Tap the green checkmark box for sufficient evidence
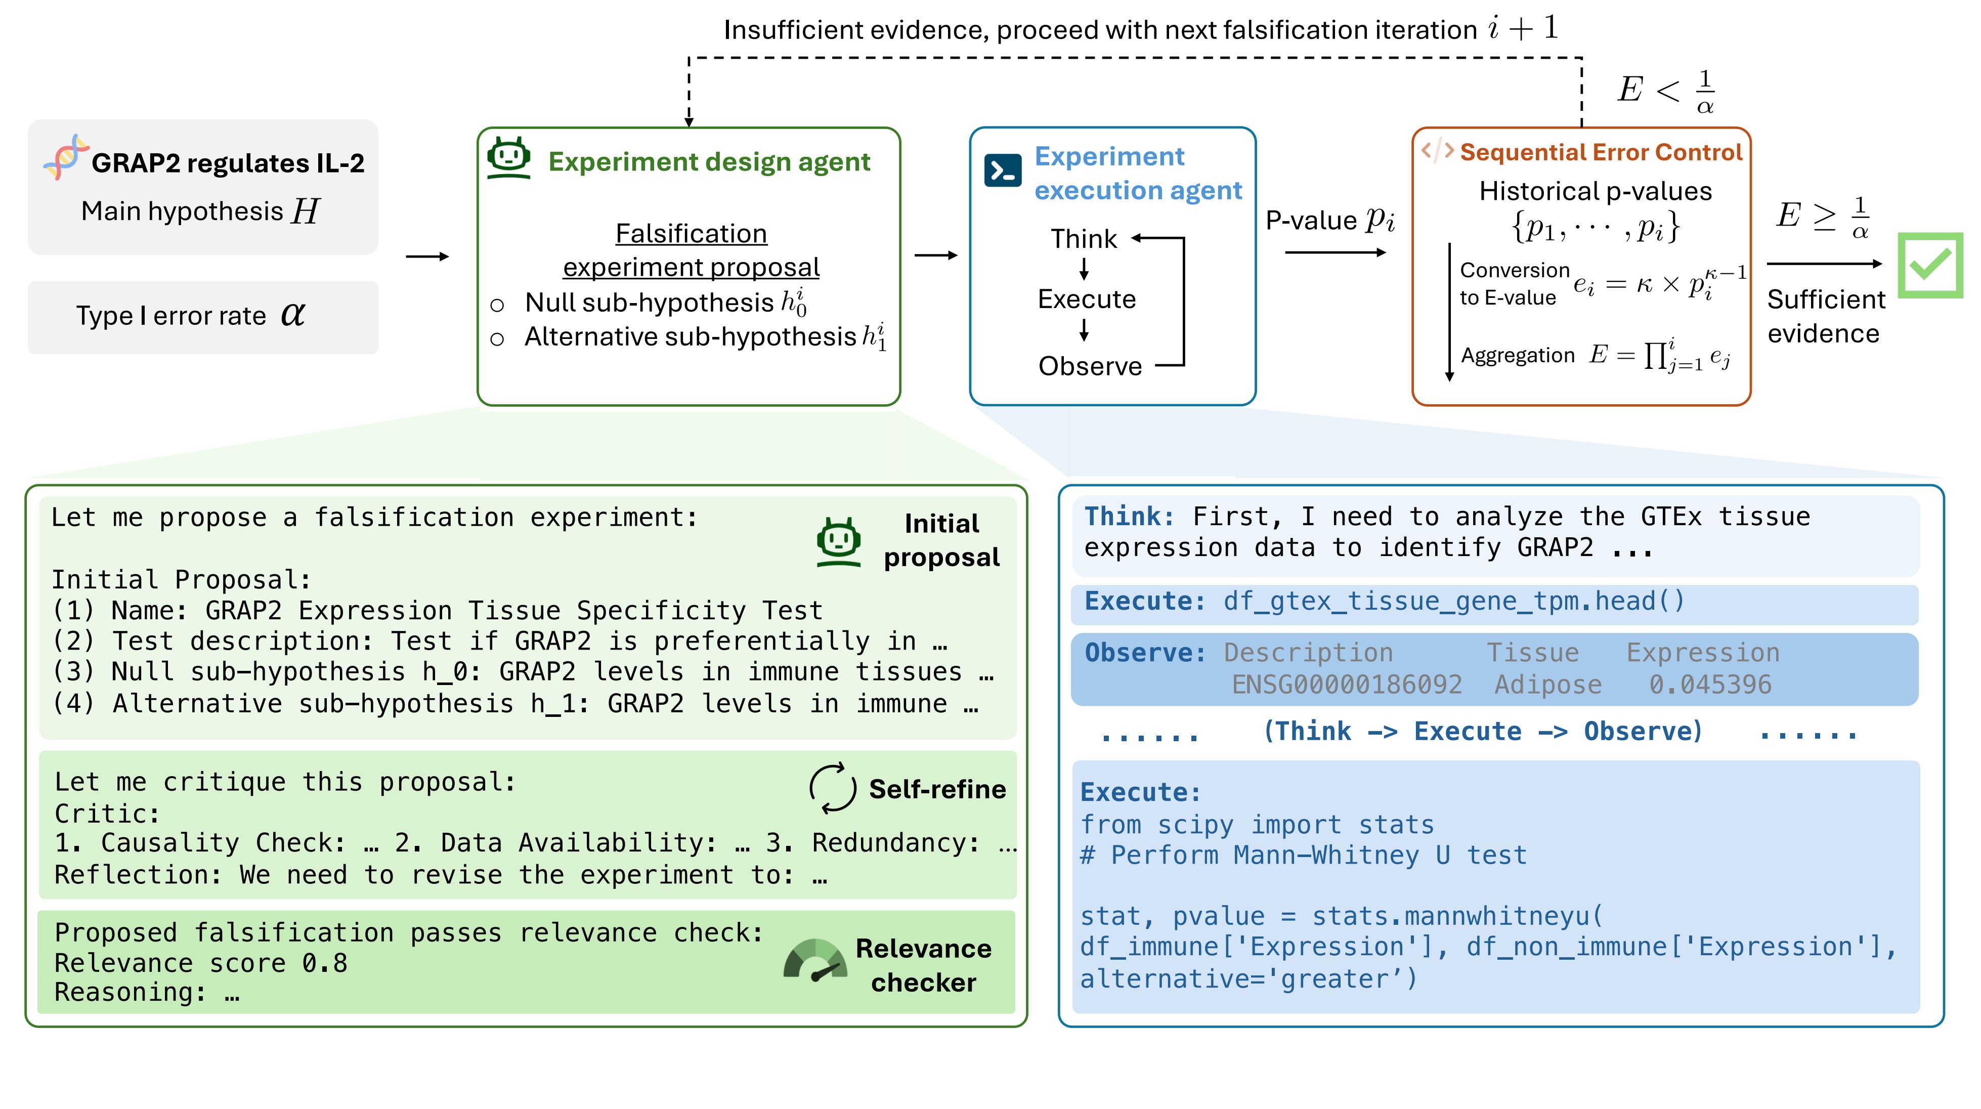[x=1929, y=265]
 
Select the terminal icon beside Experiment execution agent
[x=1003, y=170]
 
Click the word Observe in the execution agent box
[x=1090, y=366]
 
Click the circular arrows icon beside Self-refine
[x=832, y=788]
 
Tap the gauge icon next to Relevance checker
[x=815, y=961]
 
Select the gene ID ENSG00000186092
[x=1347, y=685]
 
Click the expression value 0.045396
[x=1709, y=685]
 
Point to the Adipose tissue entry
[x=1547, y=685]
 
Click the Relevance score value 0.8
[x=325, y=963]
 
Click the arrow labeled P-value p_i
[x=1334, y=252]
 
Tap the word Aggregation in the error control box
[x=1517, y=355]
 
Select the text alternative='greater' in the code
[x=1248, y=979]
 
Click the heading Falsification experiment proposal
[x=691, y=250]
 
